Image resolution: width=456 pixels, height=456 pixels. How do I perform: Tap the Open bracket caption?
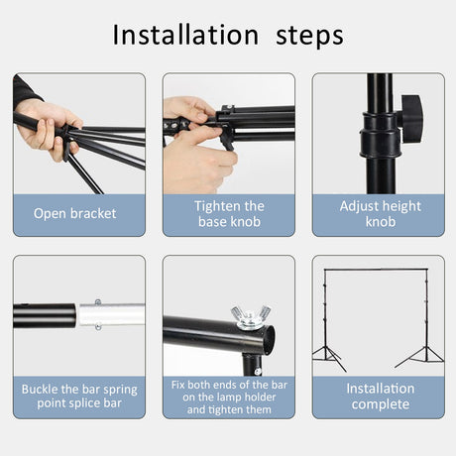(x=75, y=213)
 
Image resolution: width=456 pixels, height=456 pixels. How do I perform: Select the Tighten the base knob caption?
(x=228, y=213)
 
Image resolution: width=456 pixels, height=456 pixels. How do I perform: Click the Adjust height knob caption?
(x=379, y=213)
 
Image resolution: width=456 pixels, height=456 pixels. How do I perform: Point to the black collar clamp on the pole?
(x=378, y=129)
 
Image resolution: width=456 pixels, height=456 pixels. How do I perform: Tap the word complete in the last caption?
(x=379, y=404)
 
